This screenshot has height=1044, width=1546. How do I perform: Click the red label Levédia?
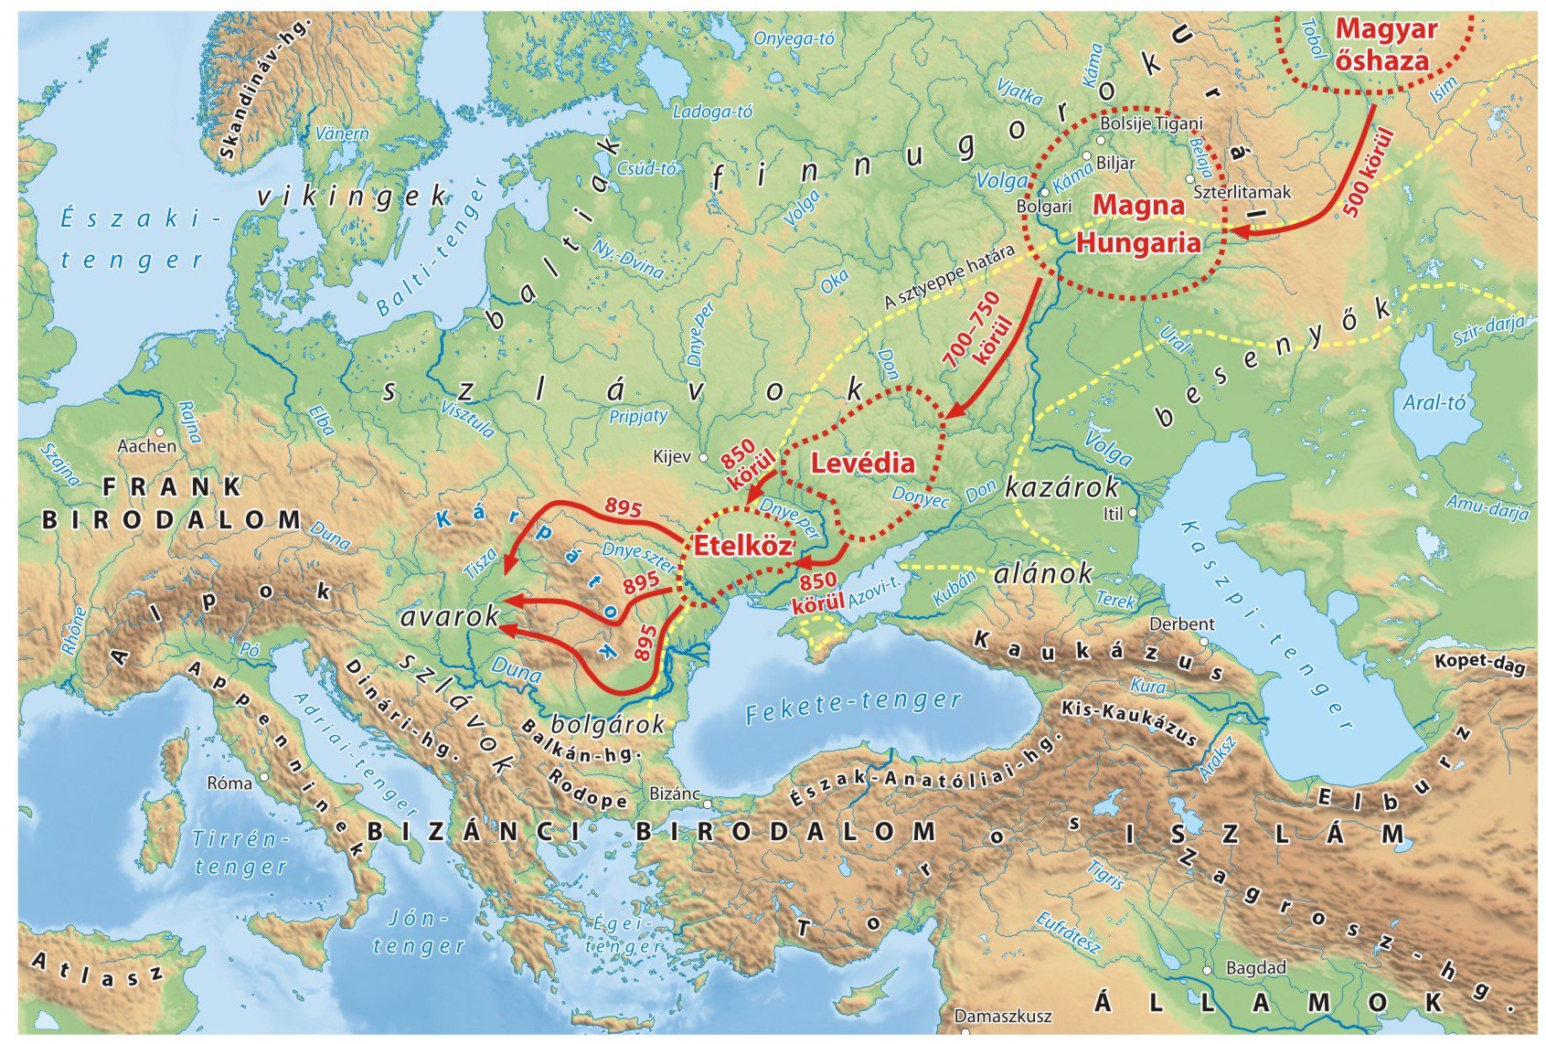tap(862, 463)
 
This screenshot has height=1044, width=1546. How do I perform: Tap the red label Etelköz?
tap(742, 546)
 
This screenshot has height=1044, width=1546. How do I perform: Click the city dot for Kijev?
tap(703, 457)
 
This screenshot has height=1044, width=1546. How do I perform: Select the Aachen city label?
tap(147, 446)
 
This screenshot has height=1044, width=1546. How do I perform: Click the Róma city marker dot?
tap(263, 777)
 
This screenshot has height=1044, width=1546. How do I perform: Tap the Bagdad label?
tap(1255, 967)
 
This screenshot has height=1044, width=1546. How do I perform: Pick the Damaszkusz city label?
tap(1003, 1016)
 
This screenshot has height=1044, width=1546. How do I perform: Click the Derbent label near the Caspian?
tap(1181, 624)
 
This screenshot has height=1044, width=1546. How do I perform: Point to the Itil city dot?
tap(1133, 514)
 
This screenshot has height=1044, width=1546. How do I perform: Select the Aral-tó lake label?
tap(1434, 402)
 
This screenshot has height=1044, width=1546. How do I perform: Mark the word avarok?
tap(450, 617)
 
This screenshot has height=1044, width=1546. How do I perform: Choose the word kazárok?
tap(1061, 486)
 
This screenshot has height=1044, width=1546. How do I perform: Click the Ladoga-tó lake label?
tap(712, 112)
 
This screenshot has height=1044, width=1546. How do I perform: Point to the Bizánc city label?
tap(674, 794)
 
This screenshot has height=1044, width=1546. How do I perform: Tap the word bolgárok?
tap(608, 725)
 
